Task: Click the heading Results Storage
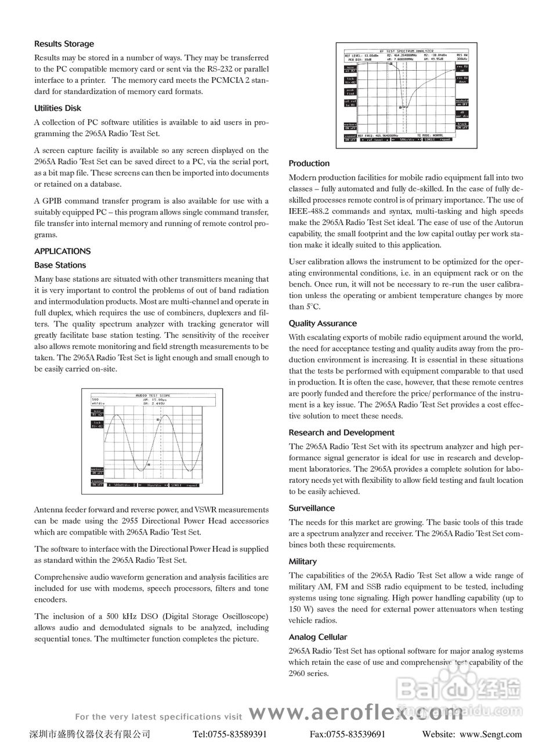point(64,44)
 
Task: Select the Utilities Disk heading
point(57,108)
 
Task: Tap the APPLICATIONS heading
point(62,252)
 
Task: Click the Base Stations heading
point(60,265)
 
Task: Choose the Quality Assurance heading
point(323,324)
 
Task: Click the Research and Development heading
point(341,433)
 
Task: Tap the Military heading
point(303,562)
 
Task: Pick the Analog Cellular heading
point(318,637)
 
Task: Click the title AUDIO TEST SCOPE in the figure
point(154,394)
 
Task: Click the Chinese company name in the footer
point(90,734)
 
